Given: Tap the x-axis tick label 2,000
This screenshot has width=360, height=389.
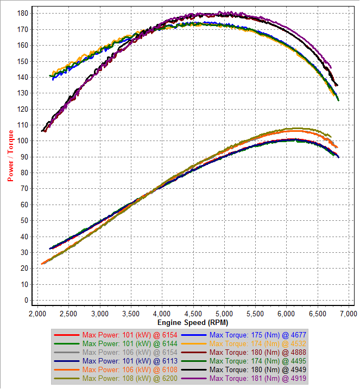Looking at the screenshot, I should pos(37,314).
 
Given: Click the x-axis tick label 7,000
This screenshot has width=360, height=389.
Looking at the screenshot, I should pos(347,314).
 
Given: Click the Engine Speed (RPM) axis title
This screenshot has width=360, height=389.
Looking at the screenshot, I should pos(192,322).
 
